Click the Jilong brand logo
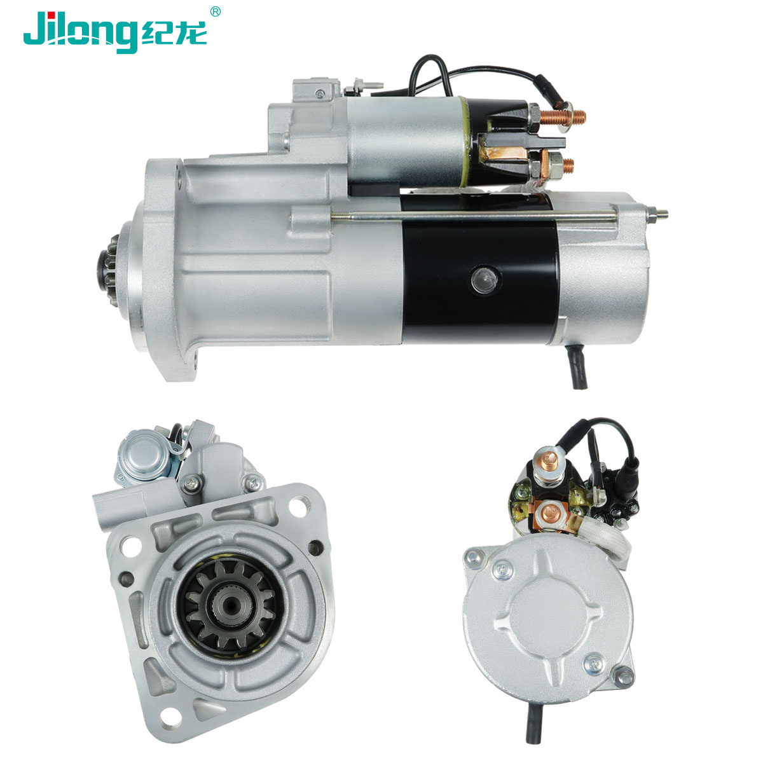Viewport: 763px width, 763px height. (115, 32)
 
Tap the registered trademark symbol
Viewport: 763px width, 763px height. (215, 11)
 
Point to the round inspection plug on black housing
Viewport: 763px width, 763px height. (485, 280)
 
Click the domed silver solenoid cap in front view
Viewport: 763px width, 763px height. (144, 457)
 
